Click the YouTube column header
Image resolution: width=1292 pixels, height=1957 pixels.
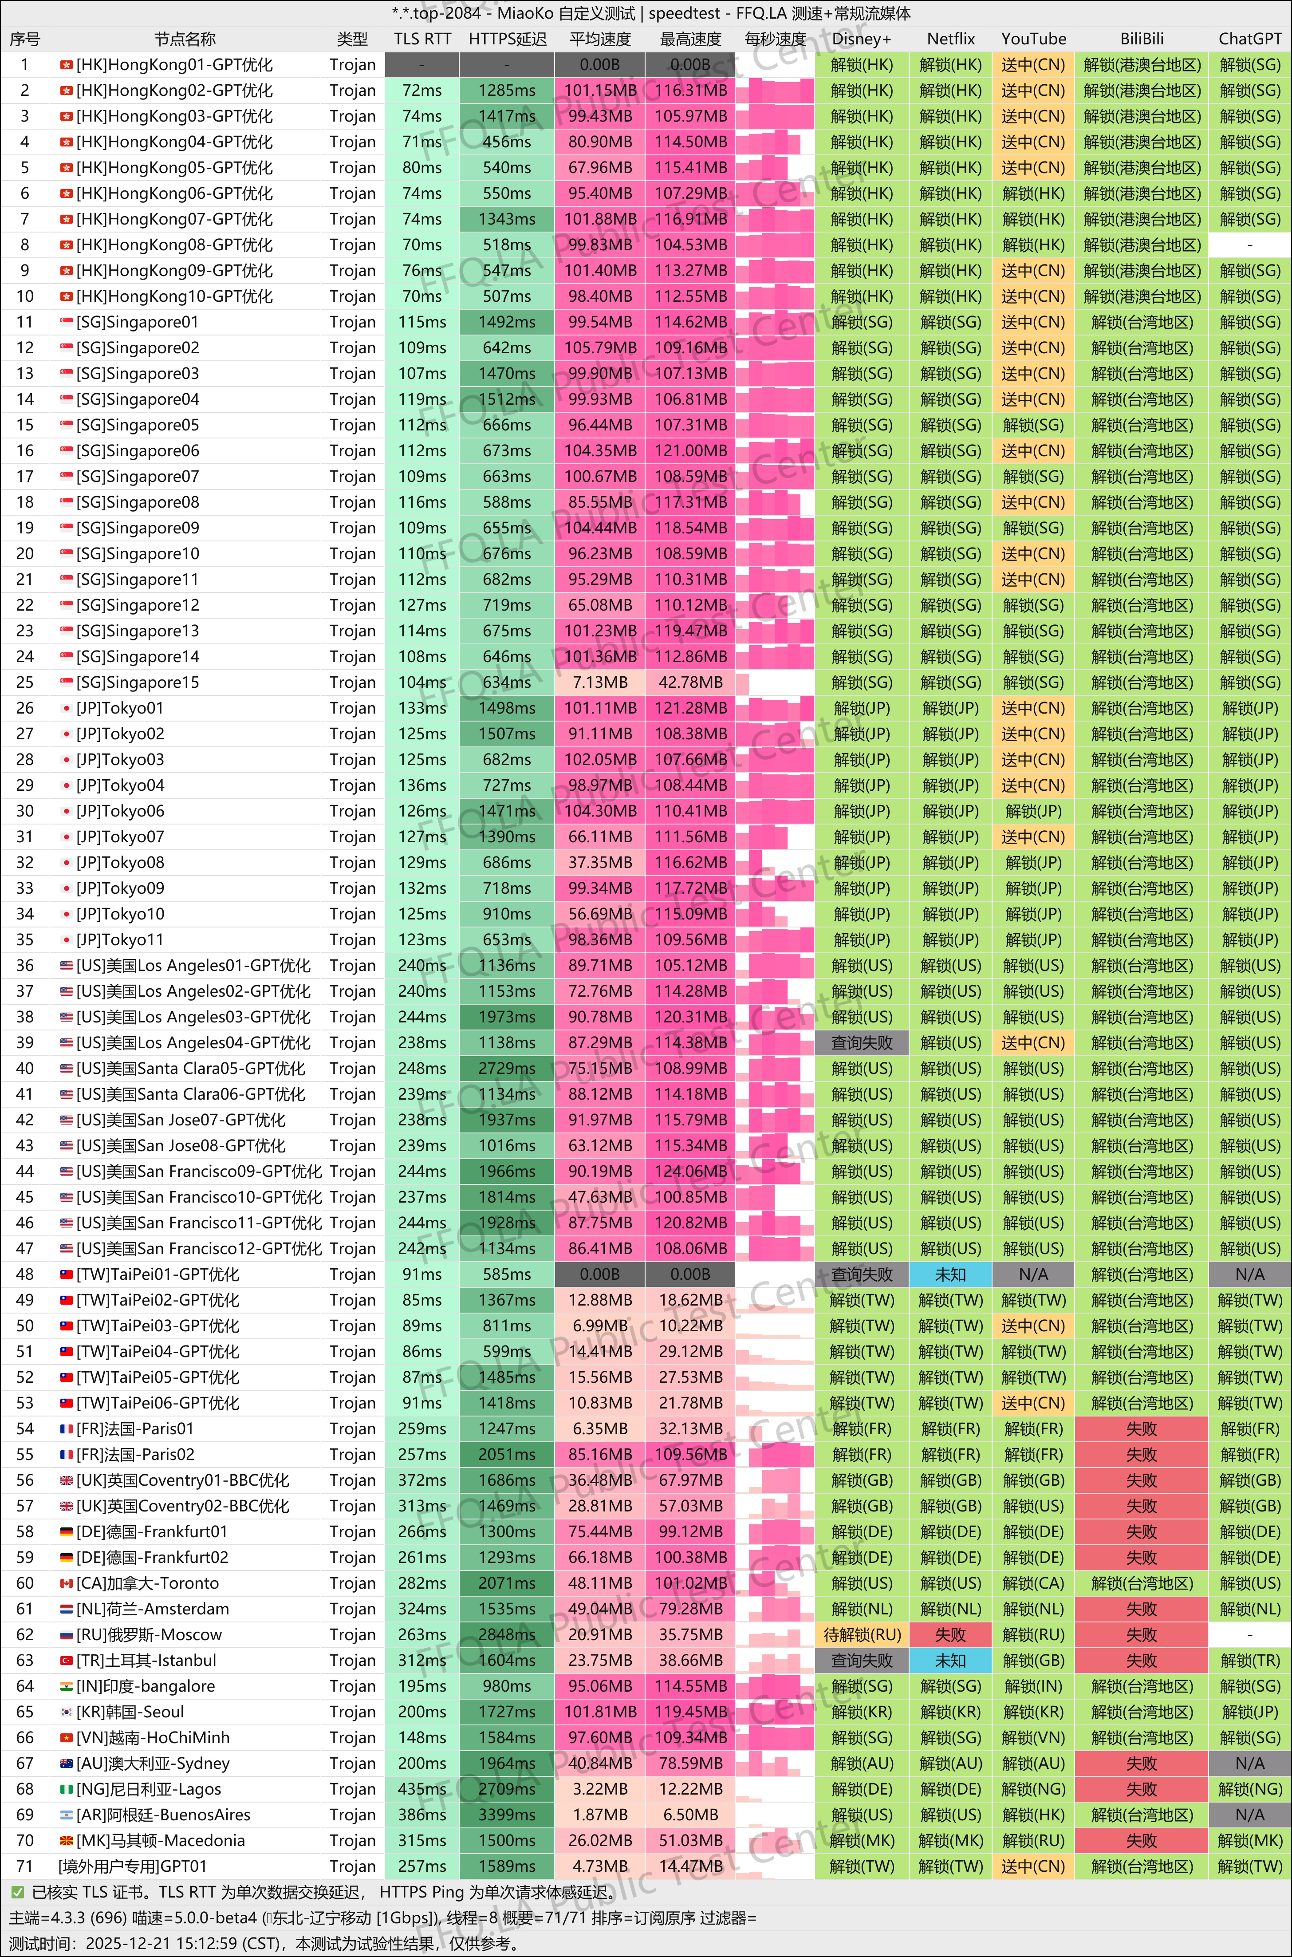coord(1033,39)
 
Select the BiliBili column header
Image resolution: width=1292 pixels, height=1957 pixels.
coord(1141,39)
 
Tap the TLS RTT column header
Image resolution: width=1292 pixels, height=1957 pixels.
coord(422,39)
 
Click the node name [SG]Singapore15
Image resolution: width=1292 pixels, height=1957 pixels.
coord(138,682)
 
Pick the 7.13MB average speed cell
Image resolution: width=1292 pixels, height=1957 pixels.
coord(600,682)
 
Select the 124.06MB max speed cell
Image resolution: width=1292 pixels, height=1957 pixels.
coord(690,1171)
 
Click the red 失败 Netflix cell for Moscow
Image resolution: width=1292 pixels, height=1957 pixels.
coord(950,1635)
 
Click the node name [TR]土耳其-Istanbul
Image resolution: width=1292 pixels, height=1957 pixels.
coord(146,1661)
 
